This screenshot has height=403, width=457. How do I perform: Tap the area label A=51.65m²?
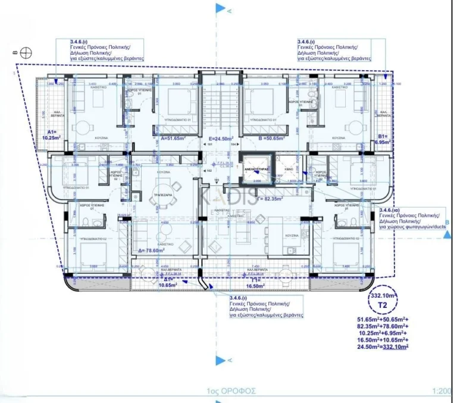[174, 138]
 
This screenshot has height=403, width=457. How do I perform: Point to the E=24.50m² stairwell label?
[220, 138]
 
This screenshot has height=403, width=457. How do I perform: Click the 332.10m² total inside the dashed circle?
[384, 295]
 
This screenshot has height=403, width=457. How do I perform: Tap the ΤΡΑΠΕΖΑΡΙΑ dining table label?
[162, 194]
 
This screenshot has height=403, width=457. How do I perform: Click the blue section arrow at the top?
[221, 8]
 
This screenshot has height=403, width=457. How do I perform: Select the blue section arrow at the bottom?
[221, 360]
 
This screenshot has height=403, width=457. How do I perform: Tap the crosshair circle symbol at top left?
[26, 52]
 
